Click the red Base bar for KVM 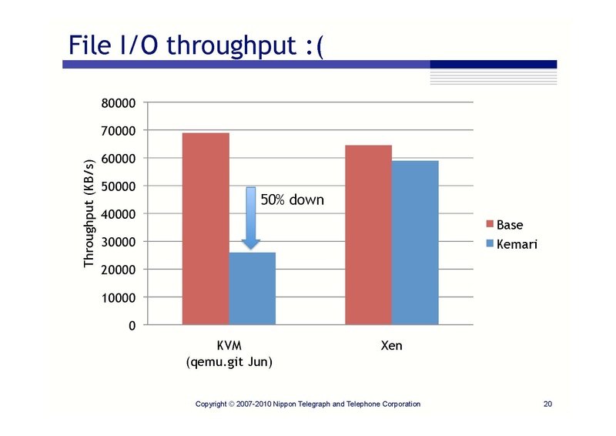pos(205,228)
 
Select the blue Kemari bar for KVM pos(252,288)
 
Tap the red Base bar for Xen pos(368,234)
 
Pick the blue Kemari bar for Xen pos(415,242)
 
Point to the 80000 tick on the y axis pos(119,103)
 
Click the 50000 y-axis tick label pos(119,186)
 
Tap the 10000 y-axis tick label pos(119,297)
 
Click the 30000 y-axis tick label pos(119,242)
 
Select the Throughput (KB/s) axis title pos(89,213)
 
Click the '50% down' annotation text pos(292,200)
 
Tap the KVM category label pos(229,347)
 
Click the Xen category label pos(391,347)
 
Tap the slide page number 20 pos(548,404)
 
